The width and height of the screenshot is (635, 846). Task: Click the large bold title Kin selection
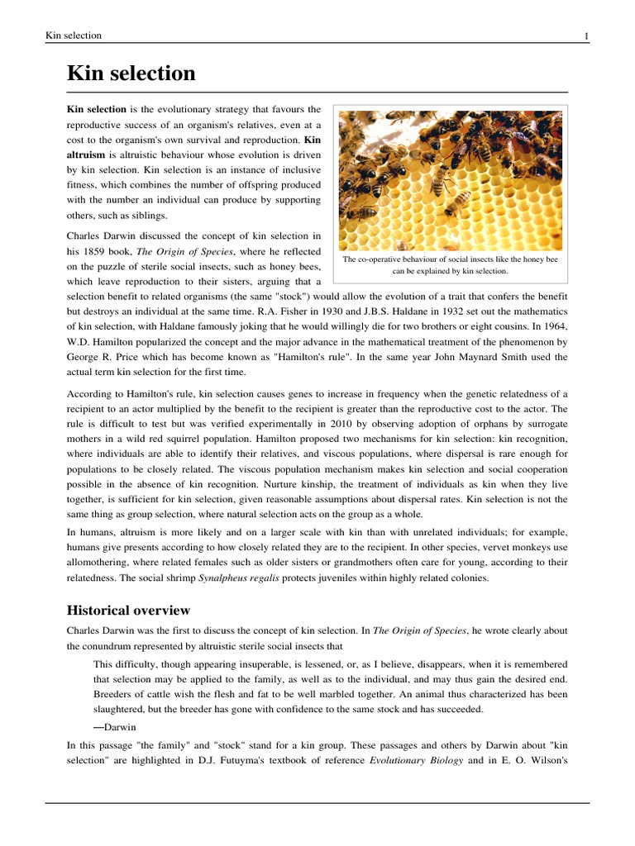(131, 74)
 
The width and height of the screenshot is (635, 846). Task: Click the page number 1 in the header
(586, 36)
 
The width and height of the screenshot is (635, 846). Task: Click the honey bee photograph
(451, 179)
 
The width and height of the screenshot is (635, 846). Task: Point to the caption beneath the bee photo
(451, 264)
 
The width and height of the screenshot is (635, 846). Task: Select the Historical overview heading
(128, 611)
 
